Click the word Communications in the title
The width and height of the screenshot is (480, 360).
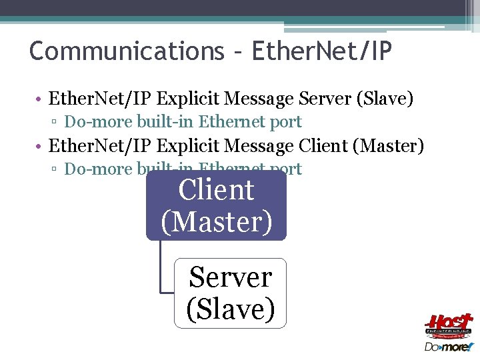127,51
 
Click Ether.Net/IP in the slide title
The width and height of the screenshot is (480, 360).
322,51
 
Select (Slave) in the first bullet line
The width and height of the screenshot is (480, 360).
385,99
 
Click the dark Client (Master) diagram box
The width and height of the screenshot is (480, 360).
217,207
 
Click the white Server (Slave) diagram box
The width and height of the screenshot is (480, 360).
231,293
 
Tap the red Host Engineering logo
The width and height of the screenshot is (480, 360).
449,326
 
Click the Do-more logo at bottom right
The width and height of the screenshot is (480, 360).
449,347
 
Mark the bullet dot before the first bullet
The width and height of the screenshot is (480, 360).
41,100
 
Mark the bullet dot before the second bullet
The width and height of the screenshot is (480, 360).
41,146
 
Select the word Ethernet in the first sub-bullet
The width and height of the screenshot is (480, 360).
231,122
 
